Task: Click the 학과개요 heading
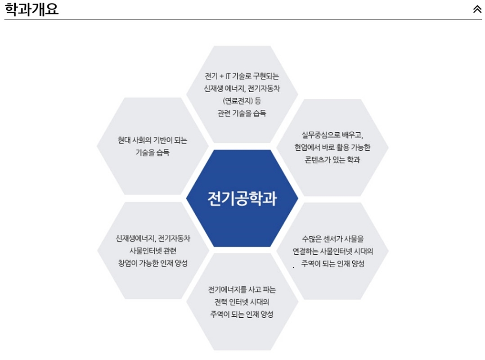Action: point(31,9)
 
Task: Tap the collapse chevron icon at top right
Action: point(477,9)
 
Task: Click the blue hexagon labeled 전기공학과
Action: point(242,198)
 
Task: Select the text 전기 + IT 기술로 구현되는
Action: point(242,76)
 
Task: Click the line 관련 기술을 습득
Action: point(242,113)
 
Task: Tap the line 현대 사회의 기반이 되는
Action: point(153,140)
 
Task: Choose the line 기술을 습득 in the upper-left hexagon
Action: point(153,153)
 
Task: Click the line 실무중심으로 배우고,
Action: point(332,135)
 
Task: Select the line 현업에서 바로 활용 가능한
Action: point(332,147)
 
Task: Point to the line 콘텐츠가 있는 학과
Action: point(332,160)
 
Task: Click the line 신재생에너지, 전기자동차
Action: point(153,238)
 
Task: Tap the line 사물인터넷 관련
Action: point(153,251)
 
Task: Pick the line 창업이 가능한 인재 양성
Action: point(153,263)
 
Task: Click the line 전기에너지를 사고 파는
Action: point(242,289)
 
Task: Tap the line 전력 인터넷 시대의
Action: point(242,302)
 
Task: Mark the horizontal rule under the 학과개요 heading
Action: point(243,20)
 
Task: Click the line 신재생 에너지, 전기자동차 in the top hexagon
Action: point(242,89)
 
